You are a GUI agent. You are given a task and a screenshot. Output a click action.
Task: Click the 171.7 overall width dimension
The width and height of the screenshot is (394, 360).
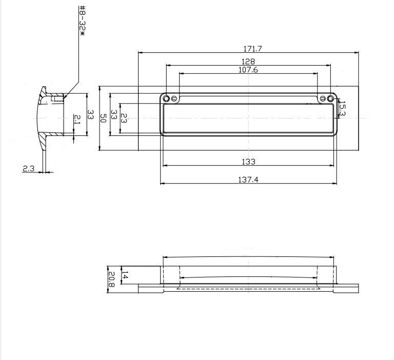[252, 49]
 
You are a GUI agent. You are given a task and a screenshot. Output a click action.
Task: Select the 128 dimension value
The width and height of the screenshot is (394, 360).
[248, 62]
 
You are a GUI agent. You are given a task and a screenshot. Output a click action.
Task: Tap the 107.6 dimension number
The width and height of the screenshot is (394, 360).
[248, 70]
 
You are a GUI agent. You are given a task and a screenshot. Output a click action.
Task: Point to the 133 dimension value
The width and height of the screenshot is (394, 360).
[248, 162]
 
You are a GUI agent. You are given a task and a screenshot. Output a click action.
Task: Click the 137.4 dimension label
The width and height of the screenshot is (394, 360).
[248, 179]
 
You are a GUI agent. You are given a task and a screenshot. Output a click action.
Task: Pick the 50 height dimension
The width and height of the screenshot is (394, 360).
[103, 118]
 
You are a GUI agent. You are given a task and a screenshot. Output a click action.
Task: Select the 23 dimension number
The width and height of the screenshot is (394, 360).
[124, 118]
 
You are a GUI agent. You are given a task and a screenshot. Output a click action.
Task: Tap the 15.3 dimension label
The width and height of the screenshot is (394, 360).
[342, 109]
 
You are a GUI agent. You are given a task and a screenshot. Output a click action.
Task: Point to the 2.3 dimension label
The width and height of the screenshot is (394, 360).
[28, 168]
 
